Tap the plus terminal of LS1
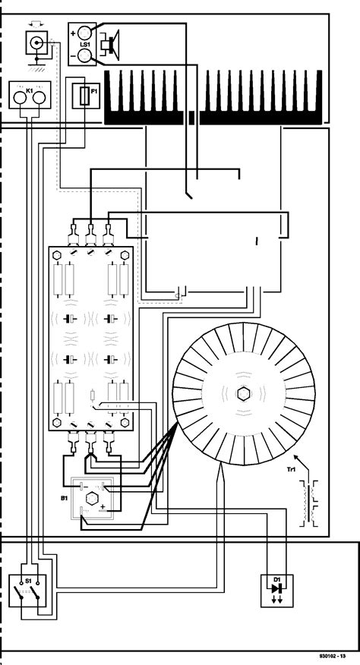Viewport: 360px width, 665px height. point(83,34)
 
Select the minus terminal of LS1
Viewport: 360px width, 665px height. point(83,55)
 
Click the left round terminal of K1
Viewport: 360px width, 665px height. point(21,97)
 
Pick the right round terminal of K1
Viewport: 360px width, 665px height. point(41,97)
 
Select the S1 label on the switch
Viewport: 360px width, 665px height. point(29,579)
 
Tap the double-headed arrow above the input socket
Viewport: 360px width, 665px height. point(35,25)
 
